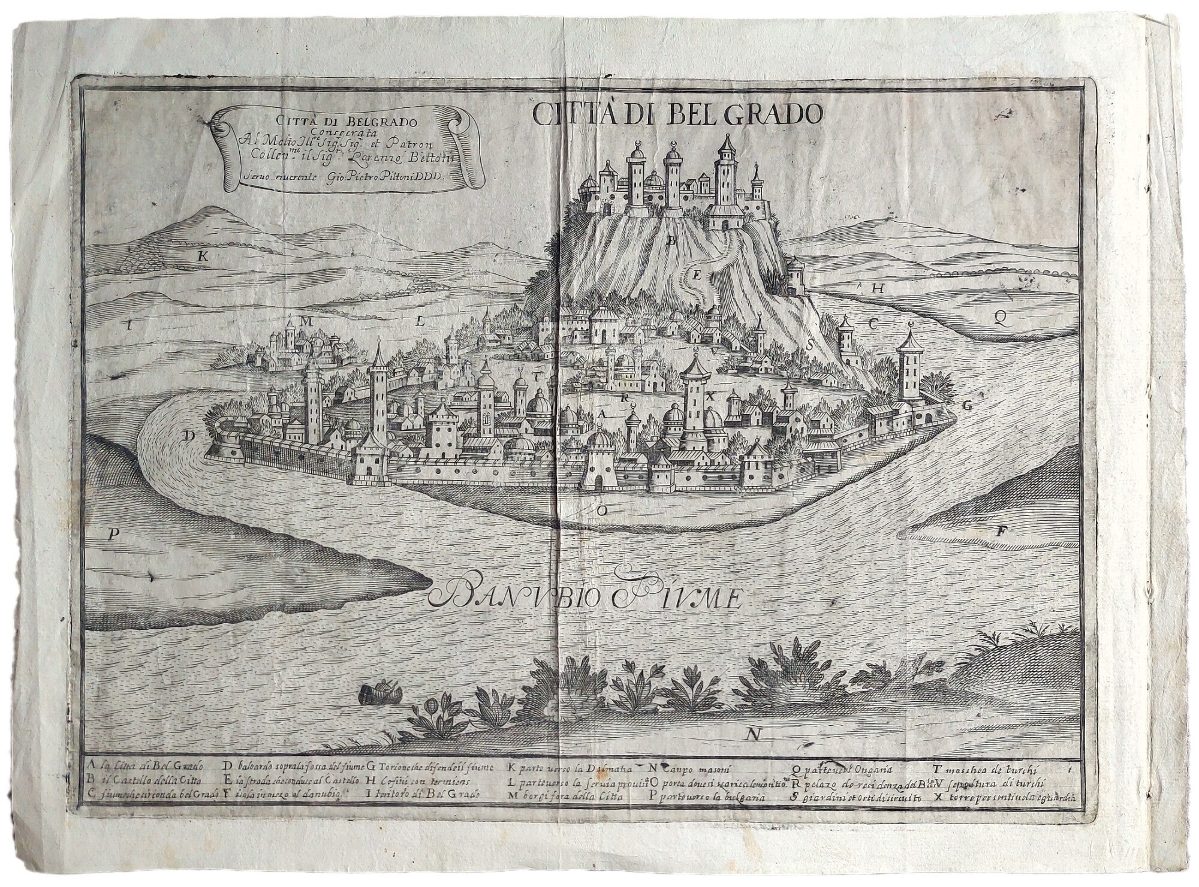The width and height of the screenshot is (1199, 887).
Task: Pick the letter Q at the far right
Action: (x=999, y=319)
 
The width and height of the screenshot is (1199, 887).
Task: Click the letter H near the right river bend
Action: (x=878, y=288)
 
